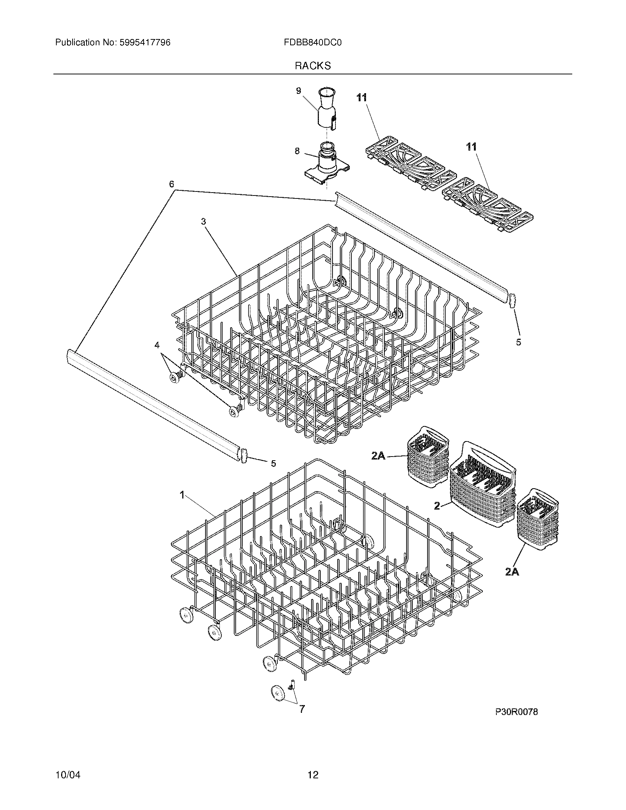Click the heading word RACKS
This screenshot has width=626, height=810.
[313, 66]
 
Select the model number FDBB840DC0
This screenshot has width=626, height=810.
[312, 43]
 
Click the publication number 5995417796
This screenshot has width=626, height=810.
[145, 43]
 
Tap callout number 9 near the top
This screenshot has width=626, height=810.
[299, 91]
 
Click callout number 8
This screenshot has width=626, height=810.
[297, 151]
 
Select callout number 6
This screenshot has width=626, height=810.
[172, 184]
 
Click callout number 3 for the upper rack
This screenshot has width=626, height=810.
[203, 221]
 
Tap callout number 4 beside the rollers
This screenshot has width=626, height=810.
[157, 345]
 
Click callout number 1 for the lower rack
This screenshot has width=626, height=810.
[182, 495]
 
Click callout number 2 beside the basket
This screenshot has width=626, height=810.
[437, 506]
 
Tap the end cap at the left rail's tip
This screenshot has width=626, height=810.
[244, 455]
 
